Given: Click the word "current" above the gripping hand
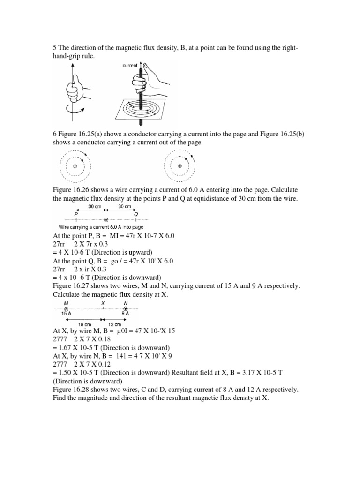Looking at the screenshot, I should [130, 66].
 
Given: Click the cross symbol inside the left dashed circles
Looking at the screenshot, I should [75, 166].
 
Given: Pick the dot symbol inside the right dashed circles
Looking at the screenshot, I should [179, 166].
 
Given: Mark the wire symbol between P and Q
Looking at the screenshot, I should [106, 219].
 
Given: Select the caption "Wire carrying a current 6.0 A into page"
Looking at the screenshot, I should [100, 227].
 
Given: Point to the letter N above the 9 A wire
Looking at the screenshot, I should [125, 302].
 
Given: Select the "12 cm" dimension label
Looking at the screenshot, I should [115, 324].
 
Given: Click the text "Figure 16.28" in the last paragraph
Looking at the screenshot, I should [70, 390].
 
